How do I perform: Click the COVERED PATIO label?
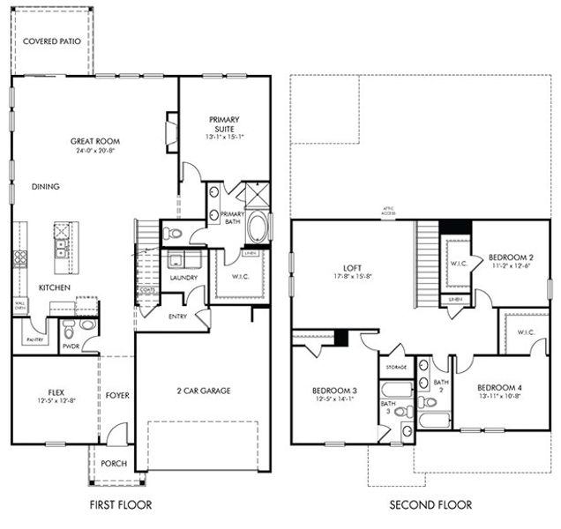51,41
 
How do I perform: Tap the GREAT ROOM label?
95,141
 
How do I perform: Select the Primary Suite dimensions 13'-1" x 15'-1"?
225,137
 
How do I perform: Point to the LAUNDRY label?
183,278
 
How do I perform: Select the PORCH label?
115,464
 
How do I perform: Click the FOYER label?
117,396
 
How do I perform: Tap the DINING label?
45,187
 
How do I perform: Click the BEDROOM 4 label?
498,388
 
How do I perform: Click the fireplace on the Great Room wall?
172,130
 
